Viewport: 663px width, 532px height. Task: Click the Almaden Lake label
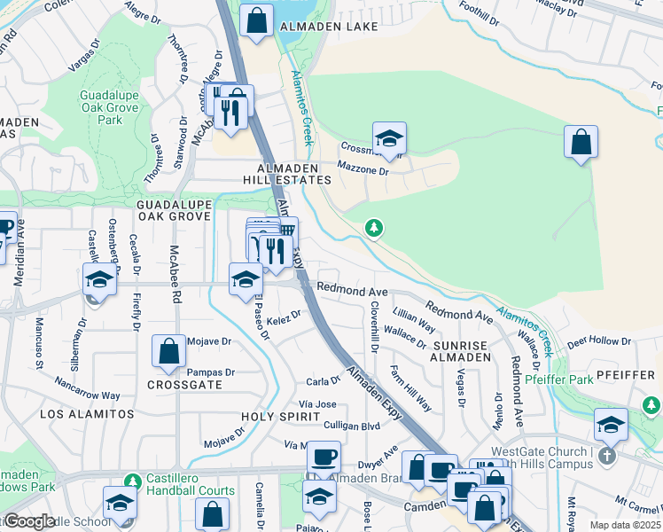(x=316, y=27)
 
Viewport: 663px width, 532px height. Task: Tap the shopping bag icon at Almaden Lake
(x=256, y=22)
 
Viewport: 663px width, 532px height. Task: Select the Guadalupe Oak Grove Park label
(x=111, y=107)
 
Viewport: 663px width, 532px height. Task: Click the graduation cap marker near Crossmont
(x=389, y=139)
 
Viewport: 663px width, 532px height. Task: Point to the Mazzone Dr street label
(x=361, y=166)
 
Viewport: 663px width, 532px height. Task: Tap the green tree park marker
(x=374, y=229)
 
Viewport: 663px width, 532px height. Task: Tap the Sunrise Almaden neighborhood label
(x=462, y=350)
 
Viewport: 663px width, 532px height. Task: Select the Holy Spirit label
(x=280, y=415)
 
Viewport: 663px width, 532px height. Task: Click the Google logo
(x=30, y=521)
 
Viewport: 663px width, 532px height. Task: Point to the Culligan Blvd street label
(x=352, y=426)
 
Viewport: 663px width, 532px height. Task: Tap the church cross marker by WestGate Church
(x=606, y=456)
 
